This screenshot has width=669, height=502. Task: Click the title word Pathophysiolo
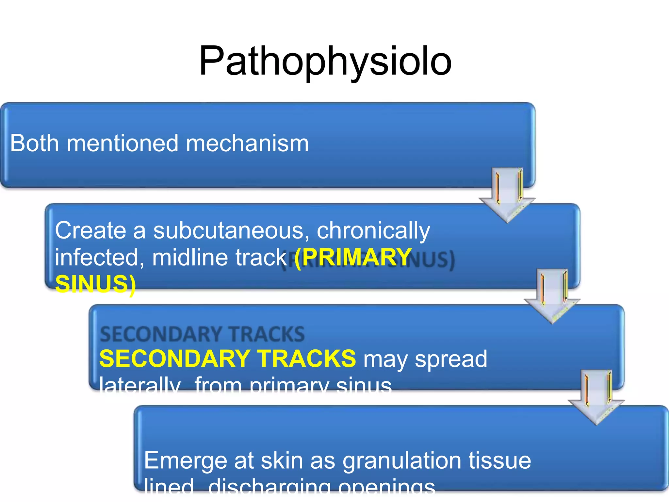325,61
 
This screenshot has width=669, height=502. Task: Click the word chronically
373,230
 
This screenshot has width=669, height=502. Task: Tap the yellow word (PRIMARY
353,257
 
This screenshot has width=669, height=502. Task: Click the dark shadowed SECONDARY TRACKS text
202,334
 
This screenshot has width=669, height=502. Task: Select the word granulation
402,461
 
